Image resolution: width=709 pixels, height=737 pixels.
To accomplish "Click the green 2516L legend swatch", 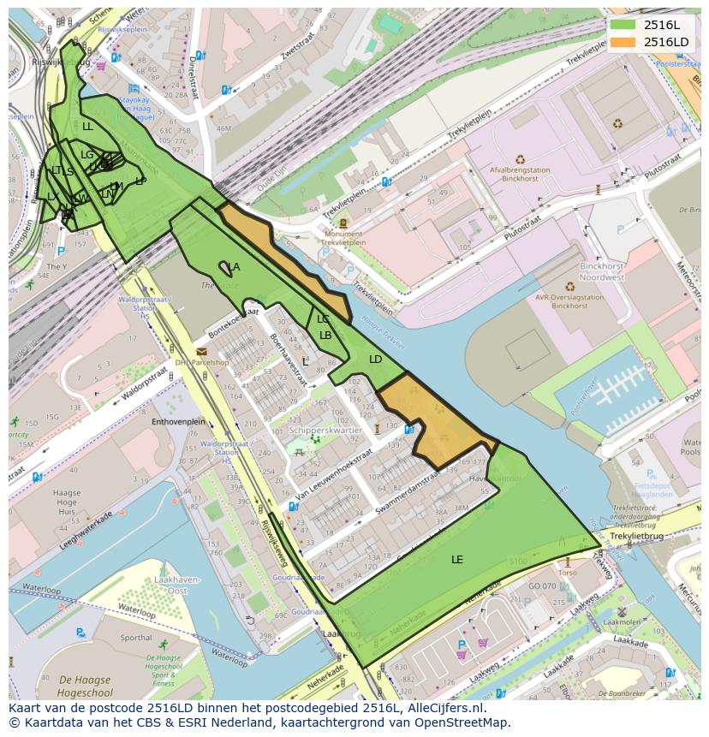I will (623, 25).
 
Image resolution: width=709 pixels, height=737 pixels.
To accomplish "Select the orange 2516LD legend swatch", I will (623, 42).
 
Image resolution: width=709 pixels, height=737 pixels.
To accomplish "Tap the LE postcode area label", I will (457, 560).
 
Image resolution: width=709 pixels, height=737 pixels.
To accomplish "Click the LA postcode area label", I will (234, 267).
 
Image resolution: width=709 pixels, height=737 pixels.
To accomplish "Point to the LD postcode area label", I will (376, 360).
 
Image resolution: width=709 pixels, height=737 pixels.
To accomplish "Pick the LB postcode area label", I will (325, 336).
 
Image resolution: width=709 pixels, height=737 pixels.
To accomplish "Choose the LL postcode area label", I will (87, 127).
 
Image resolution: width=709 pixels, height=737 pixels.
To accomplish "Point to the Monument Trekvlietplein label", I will (343, 238).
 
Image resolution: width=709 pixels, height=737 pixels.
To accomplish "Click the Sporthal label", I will (137, 638).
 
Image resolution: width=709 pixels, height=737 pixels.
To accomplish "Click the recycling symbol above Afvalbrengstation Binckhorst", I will (520, 158).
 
